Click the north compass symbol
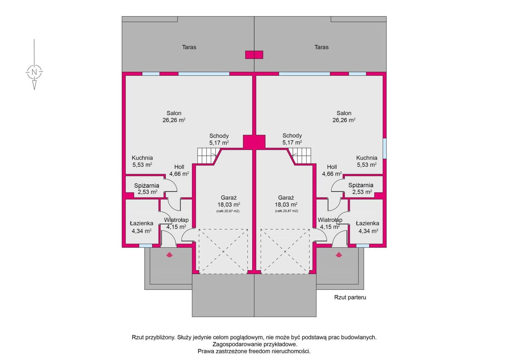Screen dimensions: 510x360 point(34,72)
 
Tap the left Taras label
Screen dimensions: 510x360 point(189,47)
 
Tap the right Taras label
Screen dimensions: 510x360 point(322,47)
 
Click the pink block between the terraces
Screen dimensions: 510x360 point(254,54)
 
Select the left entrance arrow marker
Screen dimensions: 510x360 point(169,255)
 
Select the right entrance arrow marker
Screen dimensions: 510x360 point(339,255)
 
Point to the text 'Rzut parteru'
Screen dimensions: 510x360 point(350,297)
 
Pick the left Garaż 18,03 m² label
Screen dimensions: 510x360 point(229,201)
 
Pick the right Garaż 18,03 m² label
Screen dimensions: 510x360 point(286,201)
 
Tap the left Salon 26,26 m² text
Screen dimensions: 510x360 point(174,117)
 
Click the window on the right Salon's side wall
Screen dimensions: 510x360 point(384,148)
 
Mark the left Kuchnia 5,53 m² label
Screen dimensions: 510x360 point(142,161)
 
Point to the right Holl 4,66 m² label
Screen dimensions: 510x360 point(332,170)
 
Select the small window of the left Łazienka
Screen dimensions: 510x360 point(145,246)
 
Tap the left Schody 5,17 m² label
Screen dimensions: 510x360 point(219,139)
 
